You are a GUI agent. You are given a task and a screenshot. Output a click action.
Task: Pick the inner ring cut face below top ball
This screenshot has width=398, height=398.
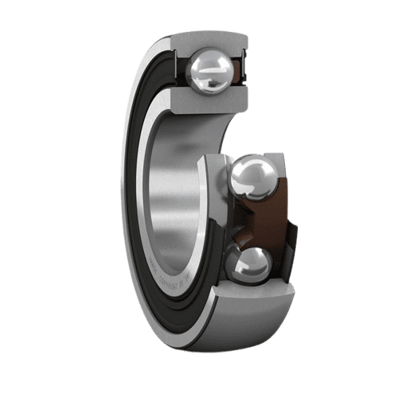pos(209,100)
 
